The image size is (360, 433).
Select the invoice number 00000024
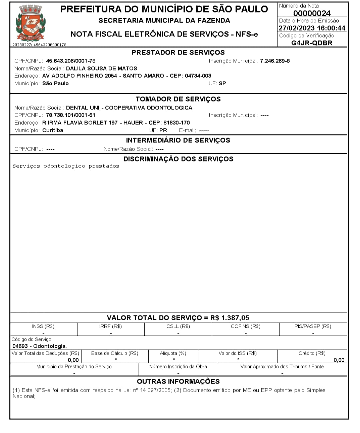[x=312, y=13]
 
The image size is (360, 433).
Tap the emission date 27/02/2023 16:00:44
[x=312, y=28]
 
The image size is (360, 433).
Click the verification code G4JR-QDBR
[x=312, y=43]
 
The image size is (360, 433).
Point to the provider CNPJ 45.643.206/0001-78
[x=71, y=61]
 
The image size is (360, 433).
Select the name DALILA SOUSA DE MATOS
[x=102, y=68]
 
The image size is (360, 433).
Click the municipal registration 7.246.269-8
[x=275, y=61]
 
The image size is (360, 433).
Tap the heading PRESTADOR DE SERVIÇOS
[x=178, y=52]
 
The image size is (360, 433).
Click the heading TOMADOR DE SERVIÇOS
[x=178, y=99]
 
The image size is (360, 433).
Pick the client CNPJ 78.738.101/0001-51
[x=71, y=115]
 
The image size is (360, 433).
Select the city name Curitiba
[x=53, y=130]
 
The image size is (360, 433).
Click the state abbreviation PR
[x=163, y=130]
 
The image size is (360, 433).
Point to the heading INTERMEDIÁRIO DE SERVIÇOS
[x=178, y=140]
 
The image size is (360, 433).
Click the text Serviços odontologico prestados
[x=66, y=166]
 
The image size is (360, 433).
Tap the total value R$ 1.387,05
[x=230, y=318]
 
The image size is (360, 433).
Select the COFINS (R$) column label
[x=246, y=326]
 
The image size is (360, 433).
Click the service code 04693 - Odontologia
[x=40, y=346]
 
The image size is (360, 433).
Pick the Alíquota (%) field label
[x=173, y=353]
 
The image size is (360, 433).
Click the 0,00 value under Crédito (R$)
[x=339, y=360]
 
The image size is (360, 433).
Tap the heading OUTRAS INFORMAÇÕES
[x=178, y=381]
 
